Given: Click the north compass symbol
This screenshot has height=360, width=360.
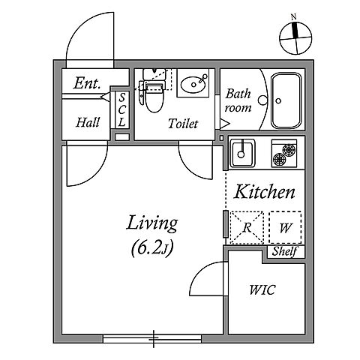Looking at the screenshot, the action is pyautogui.click(x=295, y=37).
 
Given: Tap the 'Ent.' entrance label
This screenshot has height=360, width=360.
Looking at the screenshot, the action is pyautogui.click(x=87, y=83).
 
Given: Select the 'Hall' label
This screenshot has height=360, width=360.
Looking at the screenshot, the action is pyautogui.click(x=88, y=122).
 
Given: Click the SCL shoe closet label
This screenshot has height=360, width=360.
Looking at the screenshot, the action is pyautogui.click(x=122, y=110).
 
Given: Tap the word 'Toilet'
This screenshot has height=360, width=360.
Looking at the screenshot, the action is pyautogui.click(x=183, y=124).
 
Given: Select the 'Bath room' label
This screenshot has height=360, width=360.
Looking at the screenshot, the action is pyautogui.click(x=238, y=101).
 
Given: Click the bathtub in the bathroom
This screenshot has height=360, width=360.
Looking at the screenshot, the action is pyautogui.click(x=286, y=100).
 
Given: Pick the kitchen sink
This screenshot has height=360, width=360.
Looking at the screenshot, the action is pyautogui.click(x=242, y=153).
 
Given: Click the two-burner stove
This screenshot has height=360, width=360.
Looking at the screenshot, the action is pyautogui.click(x=284, y=153).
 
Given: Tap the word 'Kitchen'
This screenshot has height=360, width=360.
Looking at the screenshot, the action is pyautogui.click(x=264, y=192).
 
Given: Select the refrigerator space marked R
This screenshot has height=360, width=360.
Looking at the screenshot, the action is pyautogui.click(x=247, y=227).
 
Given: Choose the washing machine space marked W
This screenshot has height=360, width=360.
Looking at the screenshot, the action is pyautogui.click(x=285, y=227).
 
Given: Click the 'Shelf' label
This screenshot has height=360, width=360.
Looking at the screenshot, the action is pyautogui.click(x=285, y=251).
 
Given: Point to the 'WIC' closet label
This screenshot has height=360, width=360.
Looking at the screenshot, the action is pyautogui.click(x=262, y=290).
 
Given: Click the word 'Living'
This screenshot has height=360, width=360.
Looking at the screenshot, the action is pyautogui.click(x=152, y=223).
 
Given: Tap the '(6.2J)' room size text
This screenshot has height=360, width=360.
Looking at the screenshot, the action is pyautogui.click(x=152, y=248).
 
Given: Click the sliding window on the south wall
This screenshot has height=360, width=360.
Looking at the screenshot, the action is pyautogui.click(x=152, y=339).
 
